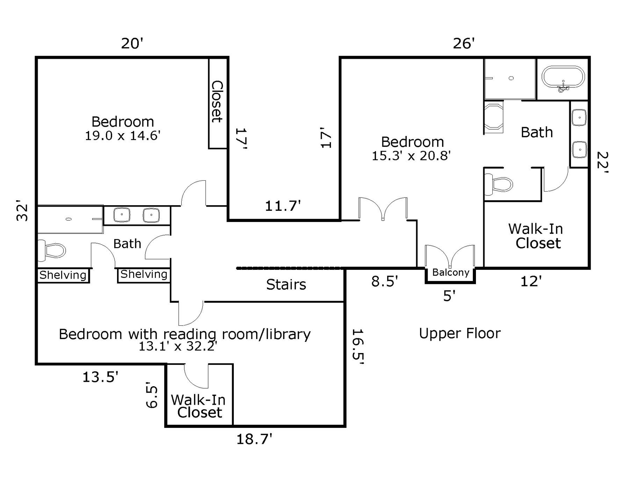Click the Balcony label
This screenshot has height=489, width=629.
point(450,272)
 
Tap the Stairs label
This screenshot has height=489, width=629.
point(286,285)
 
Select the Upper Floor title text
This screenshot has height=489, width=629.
point(460,333)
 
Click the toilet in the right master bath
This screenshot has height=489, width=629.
point(499,184)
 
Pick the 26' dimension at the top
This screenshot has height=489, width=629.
point(464,44)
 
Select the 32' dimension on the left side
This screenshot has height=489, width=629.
point(22,210)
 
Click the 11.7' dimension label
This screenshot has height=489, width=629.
point(283,206)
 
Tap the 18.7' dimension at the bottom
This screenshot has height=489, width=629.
point(254,439)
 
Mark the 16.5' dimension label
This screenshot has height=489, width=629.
point(358,347)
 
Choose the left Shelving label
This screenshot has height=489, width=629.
point(63,275)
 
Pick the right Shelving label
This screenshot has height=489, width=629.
point(144,274)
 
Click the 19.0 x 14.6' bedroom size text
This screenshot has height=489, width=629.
point(123,136)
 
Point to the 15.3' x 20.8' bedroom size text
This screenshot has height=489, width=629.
point(411,156)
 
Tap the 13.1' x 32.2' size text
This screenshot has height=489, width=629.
point(178,346)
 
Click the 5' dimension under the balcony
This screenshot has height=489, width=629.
point(449,296)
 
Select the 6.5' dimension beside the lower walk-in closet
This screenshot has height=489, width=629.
point(152,396)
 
